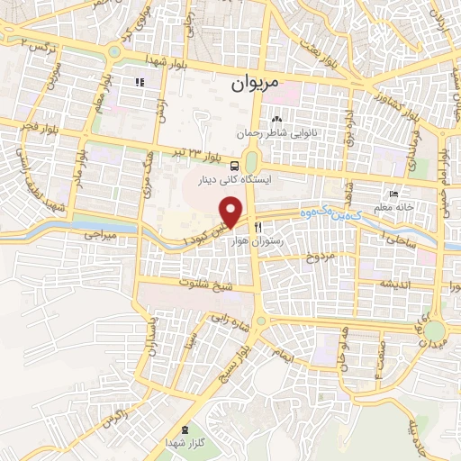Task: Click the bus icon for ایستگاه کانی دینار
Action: [x=234, y=167]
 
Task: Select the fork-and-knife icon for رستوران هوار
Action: [x=258, y=229]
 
